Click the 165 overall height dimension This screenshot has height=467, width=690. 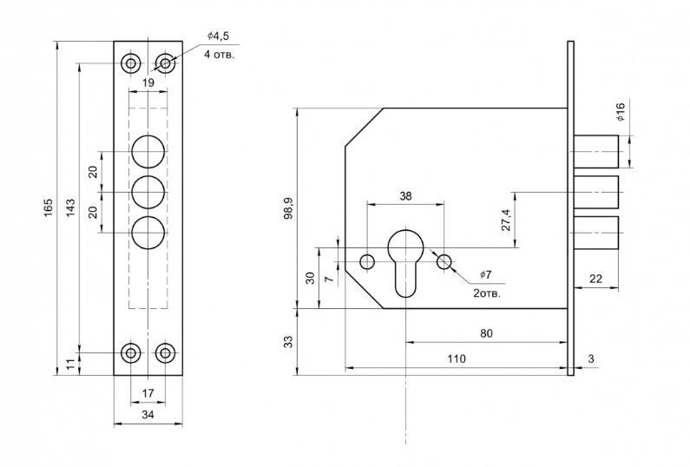point(48,207)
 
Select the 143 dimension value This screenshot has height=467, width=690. point(70,207)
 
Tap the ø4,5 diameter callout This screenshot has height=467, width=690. point(218,36)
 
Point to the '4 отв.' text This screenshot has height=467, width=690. point(219,55)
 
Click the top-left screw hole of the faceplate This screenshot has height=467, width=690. point(131,63)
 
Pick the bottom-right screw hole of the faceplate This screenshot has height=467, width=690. point(166,352)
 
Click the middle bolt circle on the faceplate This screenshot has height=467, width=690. point(148,193)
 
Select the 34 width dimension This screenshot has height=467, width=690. point(148,414)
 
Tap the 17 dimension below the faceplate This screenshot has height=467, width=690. point(148,392)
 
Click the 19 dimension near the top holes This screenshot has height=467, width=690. point(148,82)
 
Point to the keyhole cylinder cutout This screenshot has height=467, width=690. point(405,263)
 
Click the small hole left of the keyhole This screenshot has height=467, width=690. point(367,262)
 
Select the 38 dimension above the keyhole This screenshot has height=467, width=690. point(405,196)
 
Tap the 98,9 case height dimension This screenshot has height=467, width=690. point(288,207)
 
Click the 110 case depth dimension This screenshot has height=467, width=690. point(457,358)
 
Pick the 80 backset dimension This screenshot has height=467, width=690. point(486,333)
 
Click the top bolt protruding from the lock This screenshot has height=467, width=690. point(595,151)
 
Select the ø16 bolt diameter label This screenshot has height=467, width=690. point(621,112)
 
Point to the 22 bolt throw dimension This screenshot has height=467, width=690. point(595,279)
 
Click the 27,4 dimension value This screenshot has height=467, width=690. point(506,220)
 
